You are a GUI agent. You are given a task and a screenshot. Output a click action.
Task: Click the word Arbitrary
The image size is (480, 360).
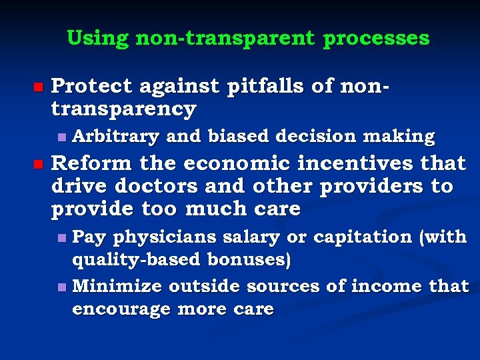coord(115,137)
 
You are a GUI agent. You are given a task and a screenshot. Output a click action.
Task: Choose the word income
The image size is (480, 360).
coord(380,287)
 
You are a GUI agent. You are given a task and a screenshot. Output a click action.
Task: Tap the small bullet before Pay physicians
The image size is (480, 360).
coord(61,237)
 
